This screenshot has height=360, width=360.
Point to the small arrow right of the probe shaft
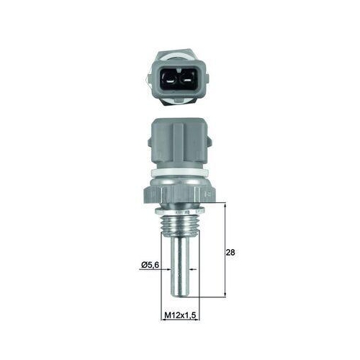coord(193,266)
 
